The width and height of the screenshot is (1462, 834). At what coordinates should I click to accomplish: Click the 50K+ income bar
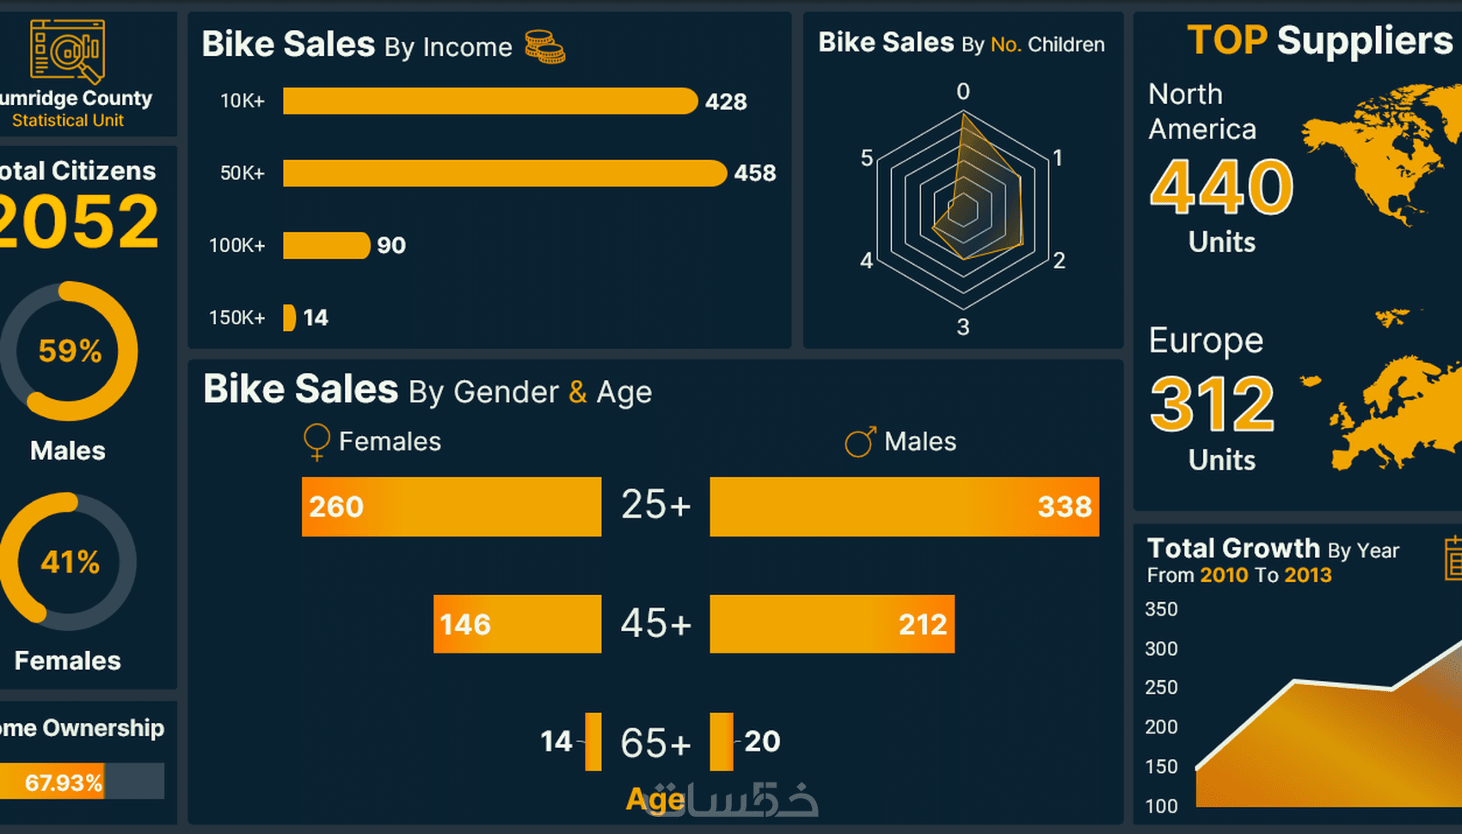(x=504, y=173)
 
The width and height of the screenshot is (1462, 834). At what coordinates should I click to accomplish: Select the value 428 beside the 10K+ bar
(x=726, y=101)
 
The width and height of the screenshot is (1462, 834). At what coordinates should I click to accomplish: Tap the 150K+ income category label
(x=236, y=317)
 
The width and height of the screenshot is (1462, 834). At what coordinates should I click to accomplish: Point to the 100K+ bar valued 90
(x=326, y=245)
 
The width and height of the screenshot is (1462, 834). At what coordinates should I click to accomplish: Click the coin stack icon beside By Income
(x=544, y=46)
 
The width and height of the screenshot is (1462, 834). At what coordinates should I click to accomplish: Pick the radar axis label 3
(x=963, y=327)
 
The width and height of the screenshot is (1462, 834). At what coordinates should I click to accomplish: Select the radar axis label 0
(x=963, y=91)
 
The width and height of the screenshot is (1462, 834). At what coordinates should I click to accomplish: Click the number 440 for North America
(x=1221, y=187)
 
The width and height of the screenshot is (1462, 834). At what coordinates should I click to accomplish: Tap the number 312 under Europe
(x=1212, y=404)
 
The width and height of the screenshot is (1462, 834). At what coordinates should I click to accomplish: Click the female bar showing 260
(x=451, y=506)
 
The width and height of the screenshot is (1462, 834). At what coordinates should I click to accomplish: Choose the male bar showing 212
(x=832, y=624)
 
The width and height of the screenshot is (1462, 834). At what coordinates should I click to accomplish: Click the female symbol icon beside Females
(x=316, y=441)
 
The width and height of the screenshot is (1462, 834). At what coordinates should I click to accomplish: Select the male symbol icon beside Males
(x=859, y=442)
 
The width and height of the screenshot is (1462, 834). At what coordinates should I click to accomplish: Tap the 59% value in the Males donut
(x=70, y=351)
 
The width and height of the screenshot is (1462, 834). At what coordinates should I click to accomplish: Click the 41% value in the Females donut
(x=70, y=562)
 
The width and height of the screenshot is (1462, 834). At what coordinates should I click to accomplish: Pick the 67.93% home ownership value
(x=63, y=782)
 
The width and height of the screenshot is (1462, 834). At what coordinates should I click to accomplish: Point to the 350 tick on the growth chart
(x=1161, y=609)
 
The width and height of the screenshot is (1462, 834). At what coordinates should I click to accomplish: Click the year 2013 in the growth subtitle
(x=1307, y=575)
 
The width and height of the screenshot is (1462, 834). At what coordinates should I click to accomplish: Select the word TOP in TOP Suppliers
(x=1226, y=40)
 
